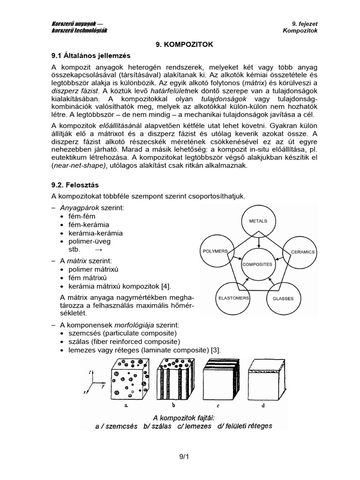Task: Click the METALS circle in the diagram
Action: point(258,221)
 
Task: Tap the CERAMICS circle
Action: point(302,252)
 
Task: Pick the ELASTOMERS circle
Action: point(233,298)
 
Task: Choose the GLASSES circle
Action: point(283,298)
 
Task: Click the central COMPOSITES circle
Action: point(257,264)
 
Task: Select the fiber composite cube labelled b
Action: point(173,377)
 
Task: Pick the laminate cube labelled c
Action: point(219,377)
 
